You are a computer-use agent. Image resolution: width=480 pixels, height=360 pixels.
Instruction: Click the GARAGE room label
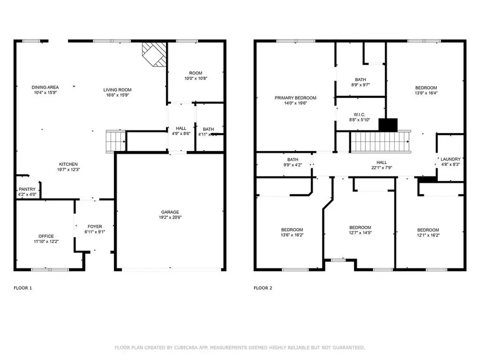(x=170, y=211)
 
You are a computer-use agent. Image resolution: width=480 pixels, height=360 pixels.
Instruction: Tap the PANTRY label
(x=27, y=189)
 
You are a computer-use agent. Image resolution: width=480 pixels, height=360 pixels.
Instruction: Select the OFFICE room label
(x=46, y=236)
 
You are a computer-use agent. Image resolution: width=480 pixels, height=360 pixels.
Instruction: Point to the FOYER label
(x=95, y=226)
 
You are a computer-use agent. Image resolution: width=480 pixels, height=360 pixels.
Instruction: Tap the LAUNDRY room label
(x=450, y=159)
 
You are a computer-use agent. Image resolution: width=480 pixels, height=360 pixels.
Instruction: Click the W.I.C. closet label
(x=359, y=113)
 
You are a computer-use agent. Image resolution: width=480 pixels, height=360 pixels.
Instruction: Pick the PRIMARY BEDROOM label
(x=295, y=98)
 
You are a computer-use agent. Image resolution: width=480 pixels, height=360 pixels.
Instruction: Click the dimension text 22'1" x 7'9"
(x=381, y=168)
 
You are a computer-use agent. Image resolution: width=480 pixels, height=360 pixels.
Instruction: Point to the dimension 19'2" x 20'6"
(x=170, y=217)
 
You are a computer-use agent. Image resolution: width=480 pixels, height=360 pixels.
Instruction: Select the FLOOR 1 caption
(x=22, y=288)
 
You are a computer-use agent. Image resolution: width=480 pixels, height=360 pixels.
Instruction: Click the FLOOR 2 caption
(x=263, y=288)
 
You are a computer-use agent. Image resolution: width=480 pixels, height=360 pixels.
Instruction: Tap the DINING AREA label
(x=45, y=87)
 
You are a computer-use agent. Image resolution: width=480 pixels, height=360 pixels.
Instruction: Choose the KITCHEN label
(x=68, y=164)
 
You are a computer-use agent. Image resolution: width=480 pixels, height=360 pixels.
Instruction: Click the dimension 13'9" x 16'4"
(x=425, y=93)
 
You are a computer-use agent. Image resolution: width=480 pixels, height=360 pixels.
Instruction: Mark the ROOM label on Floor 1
(x=195, y=73)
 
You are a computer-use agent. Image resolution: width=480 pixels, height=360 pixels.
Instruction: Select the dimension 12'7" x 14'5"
(x=360, y=232)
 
